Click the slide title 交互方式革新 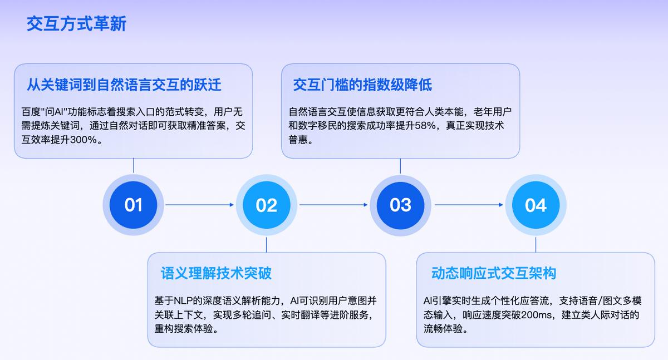click(76, 24)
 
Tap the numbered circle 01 click(133, 205)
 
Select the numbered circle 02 click(267, 205)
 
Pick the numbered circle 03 click(400, 205)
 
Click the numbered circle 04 click(536, 205)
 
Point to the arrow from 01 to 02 click(199, 205)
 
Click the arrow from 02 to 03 click(333, 205)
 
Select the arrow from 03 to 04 click(469, 205)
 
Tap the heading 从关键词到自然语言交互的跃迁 click(124, 85)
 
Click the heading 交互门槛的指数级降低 click(362, 85)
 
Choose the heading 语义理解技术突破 click(216, 273)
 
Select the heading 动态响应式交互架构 click(494, 273)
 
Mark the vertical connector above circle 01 click(133, 166)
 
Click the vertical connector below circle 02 click(266, 244)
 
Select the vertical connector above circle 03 click(400, 166)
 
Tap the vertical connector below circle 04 click(536, 244)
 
